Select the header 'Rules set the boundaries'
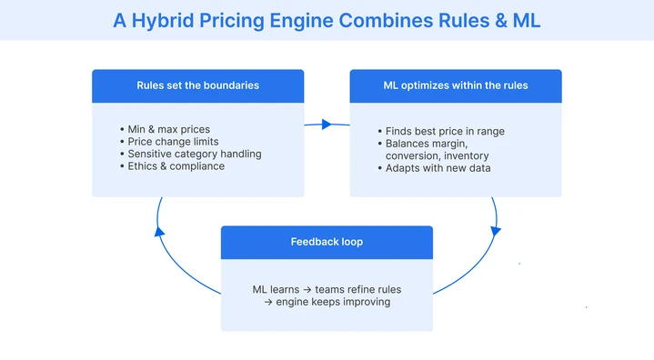click(198, 85)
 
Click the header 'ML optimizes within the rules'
click(456, 85)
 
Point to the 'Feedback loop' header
click(327, 242)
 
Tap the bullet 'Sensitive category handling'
click(194, 154)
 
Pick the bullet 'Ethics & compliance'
click(176, 165)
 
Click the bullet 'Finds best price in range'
click(445, 131)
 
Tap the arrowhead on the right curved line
click(496, 230)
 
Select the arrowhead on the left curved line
click(159, 230)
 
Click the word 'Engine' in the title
click(315, 20)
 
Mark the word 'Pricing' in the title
click(243, 20)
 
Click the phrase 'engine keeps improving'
click(332, 301)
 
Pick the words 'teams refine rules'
click(358, 289)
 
